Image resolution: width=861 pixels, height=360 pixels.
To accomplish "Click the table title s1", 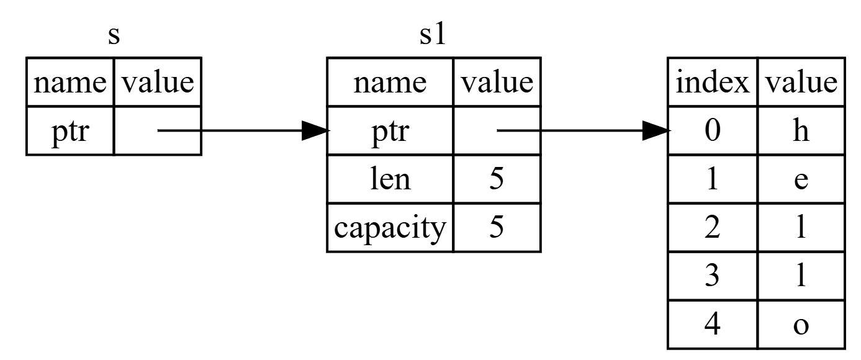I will tap(433, 35).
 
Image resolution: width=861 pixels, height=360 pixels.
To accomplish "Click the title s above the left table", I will tap(113, 35).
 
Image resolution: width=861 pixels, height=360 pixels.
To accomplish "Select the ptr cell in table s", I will tap(70, 131).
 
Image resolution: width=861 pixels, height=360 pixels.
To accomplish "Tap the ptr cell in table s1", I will tap(390, 131).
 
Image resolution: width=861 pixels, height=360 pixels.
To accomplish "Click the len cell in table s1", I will tap(390, 179).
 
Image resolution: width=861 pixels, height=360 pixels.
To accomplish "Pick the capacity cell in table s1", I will tap(390, 228).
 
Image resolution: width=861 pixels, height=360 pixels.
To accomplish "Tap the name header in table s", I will tap(70, 83).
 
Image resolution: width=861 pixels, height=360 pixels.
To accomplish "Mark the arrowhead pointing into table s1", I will tap(314, 131).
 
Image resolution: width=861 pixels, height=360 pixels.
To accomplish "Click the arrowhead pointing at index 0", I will tap(656, 131).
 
